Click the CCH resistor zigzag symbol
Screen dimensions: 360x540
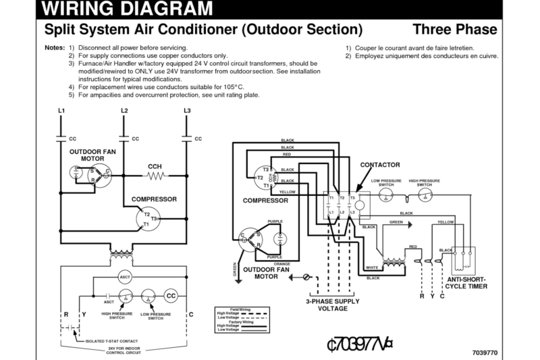point(156,176)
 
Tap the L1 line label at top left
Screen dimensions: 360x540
point(61,110)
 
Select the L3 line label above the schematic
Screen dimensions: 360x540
point(187,110)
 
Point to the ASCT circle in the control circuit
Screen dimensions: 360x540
point(125,278)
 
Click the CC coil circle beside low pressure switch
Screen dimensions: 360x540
point(171,296)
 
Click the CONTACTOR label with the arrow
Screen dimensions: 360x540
point(381,164)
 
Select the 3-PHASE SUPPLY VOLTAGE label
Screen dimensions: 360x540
point(329,304)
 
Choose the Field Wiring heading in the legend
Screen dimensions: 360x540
point(239,309)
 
